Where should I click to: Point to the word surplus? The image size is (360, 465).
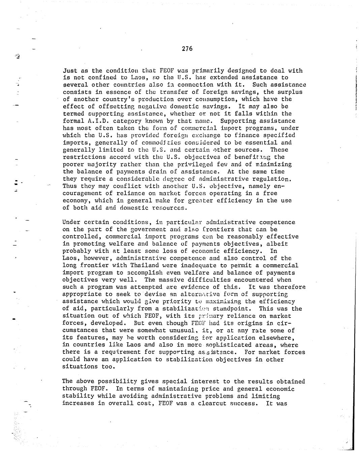tap(290, 92)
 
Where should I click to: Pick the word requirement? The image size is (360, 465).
tap(116, 352)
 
